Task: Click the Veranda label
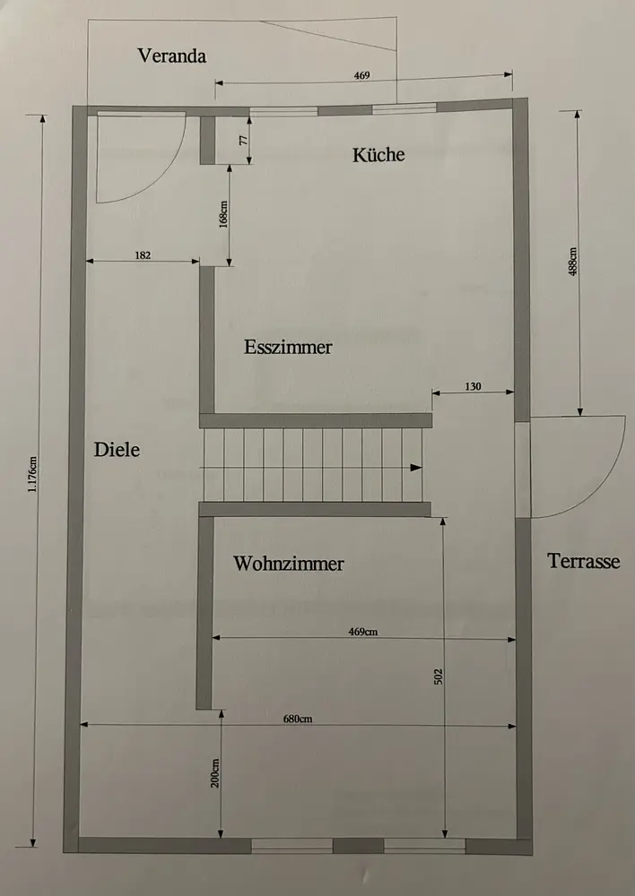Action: (x=172, y=56)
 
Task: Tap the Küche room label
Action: (x=378, y=154)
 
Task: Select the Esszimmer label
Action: (x=288, y=347)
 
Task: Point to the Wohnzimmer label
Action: (x=289, y=564)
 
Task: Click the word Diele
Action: (x=117, y=450)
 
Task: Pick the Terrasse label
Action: (x=583, y=562)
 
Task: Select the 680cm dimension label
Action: (x=298, y=719)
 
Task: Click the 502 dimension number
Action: (x=439, y=676)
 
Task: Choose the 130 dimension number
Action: (x=474, y=386)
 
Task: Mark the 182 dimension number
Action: (x=143, y=255)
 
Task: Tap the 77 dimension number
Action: (x=242, y=140)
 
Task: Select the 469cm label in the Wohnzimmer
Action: (x=362, y=632)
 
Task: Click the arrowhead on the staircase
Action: (x=415, y=468)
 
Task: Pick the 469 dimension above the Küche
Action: (x=361, y=76)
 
